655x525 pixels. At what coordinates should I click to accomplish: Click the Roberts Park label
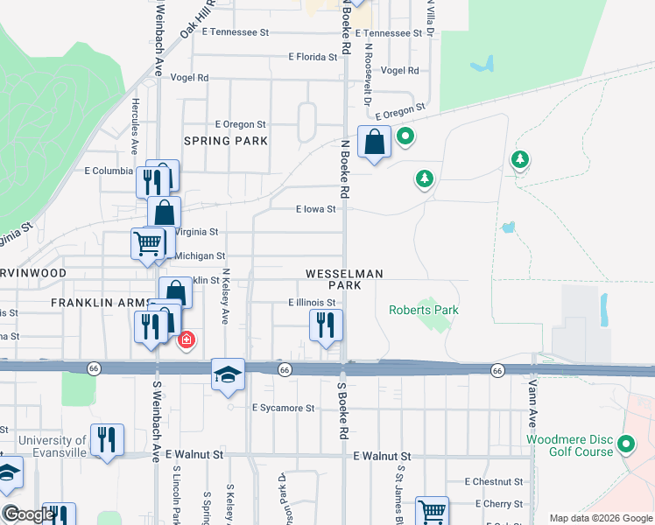point(424,310)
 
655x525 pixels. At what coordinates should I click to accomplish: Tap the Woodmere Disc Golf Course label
point(568,444)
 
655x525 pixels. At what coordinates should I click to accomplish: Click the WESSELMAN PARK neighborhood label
point(344,280)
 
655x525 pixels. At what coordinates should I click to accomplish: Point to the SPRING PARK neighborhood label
point(225,140)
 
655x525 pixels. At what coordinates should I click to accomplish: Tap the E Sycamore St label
point(283,408)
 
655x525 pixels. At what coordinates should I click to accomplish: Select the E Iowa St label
point(315,209)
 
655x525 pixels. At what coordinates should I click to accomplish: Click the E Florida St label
point(313,57)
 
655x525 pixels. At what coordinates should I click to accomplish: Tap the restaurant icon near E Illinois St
point(326,326)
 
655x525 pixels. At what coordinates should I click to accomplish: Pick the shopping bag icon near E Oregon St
point(374,142)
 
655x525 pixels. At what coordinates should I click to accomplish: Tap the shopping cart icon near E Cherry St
point(432,512)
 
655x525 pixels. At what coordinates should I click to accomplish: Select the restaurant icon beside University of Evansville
point(107,440)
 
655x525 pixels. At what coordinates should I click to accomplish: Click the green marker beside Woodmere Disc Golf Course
point(625,444)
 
